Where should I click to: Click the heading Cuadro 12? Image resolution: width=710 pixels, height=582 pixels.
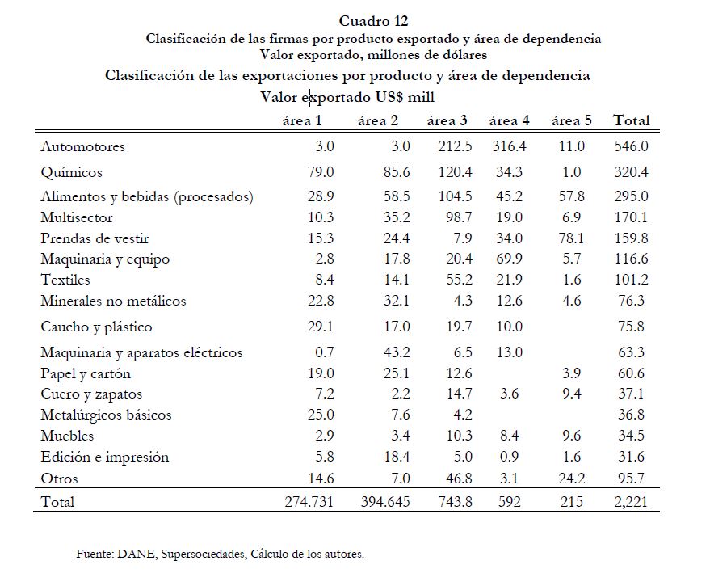(374, 21)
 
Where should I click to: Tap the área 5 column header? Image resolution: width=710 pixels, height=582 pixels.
(572, 121)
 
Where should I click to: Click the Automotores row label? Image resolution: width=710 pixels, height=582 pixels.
(83, 147)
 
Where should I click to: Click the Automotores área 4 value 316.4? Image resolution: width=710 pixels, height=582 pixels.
(509, 147)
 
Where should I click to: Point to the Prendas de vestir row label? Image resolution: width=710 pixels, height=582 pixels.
(95, 238)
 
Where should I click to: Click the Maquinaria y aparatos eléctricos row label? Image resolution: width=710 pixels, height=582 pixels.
(141, 352)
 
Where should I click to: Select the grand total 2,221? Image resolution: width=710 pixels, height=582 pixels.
(631, 502)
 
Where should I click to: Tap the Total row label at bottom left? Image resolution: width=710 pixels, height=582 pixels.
(57, 502)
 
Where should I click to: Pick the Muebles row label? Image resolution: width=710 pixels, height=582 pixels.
(67, 436)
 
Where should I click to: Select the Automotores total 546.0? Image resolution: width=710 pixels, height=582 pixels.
(631, 147)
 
